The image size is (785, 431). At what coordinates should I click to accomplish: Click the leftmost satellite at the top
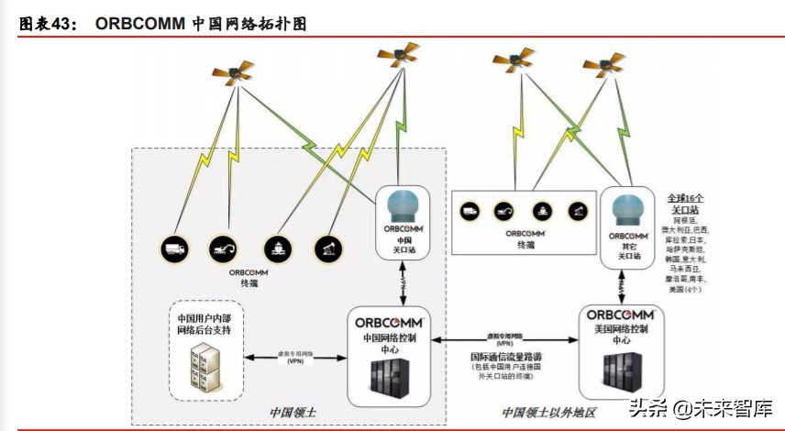(x=234, y=72)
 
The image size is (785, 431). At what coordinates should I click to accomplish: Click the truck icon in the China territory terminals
(x=174, y=248)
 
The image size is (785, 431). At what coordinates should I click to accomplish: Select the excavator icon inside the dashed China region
(x=222, y=247)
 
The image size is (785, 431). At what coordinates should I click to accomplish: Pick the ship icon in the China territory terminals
(x=275, y=248)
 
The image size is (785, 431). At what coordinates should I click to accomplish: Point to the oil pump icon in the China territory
(x=327, y=248)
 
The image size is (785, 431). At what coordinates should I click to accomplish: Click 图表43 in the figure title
(x=47, y=25)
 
